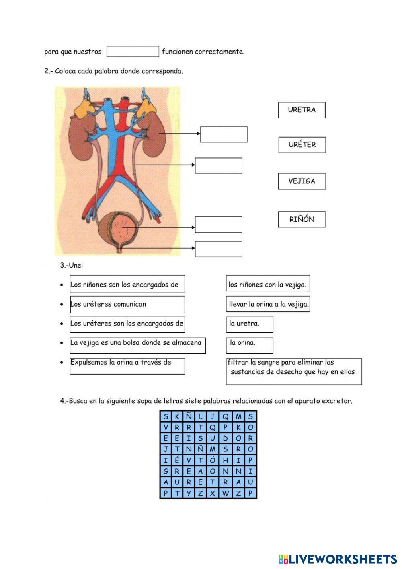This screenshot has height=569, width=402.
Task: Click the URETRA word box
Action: pyautogui.click(x=301, y=110)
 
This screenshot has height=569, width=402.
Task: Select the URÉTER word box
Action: pyautogui.click(x=301, y=145)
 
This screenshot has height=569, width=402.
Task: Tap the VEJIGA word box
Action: pyautogui.click(x=301, y=181)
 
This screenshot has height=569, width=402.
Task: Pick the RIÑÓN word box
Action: pyautogui.click(x=301, y=219)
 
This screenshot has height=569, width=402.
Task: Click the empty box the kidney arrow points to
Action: pyautogui.click(x=224, y=134)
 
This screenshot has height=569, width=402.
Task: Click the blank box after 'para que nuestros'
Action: pyautogui.click(x=133, y=52)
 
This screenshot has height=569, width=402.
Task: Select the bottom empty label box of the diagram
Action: pyautogui.click(x=218, y=249)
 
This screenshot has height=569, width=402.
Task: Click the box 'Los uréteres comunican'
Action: pyautogui.click(x=127, y=304)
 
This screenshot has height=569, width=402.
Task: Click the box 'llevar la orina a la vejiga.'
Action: pyautogui.click(x=268, y=304)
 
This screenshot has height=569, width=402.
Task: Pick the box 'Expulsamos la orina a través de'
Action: pyautogui.click(x=127, y=366)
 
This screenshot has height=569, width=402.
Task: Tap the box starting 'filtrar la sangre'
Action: pyautogui.click(x=293, y=371)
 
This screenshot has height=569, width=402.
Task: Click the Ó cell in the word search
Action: pyautogui.click(x=213, y=460)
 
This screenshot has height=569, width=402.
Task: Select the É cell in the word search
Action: pyautogui.click(x=177, y=460)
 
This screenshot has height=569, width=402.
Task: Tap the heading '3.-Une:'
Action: pyautogui.click(x=72, y=265)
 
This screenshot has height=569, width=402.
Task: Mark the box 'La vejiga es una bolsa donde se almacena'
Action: pyautogui.click(x=137, y=345)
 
